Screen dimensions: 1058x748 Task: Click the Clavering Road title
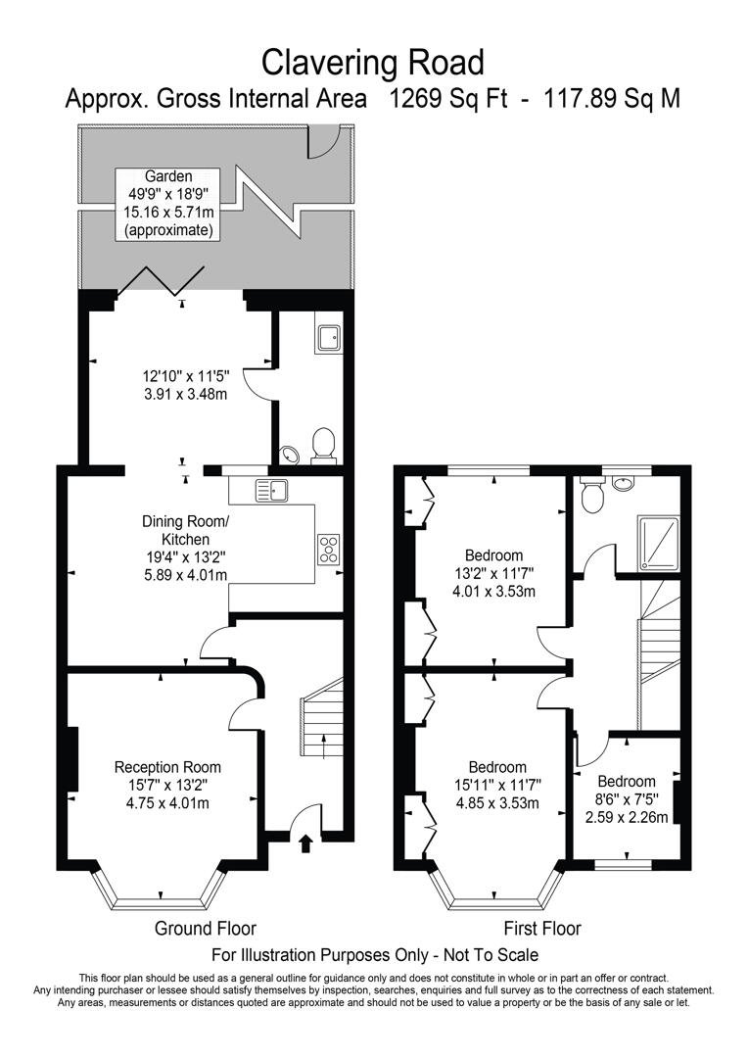[x=373, y=63]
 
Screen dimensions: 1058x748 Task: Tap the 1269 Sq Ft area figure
[x=447, y=99]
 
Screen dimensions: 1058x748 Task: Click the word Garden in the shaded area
[x=168, y=176]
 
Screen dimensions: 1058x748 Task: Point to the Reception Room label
[x=167, y=767]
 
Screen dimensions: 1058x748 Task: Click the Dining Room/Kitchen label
[x=185, y=530]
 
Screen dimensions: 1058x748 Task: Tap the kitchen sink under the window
[x=270, y=489]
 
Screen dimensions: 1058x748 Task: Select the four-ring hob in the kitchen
[x=327, y=550]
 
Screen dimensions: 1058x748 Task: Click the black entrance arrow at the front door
[x=304, y=842]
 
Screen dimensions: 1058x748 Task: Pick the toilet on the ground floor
[x=322, y=446]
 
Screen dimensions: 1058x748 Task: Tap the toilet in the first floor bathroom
[x=591, y=497]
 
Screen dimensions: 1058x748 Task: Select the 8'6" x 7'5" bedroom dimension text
[x=626, y=799]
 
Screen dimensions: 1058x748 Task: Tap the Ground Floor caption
[x=206, y=928]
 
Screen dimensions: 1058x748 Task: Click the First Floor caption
[x=541, y=928]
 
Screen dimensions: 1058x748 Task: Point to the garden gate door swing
[x=321, y=143]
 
